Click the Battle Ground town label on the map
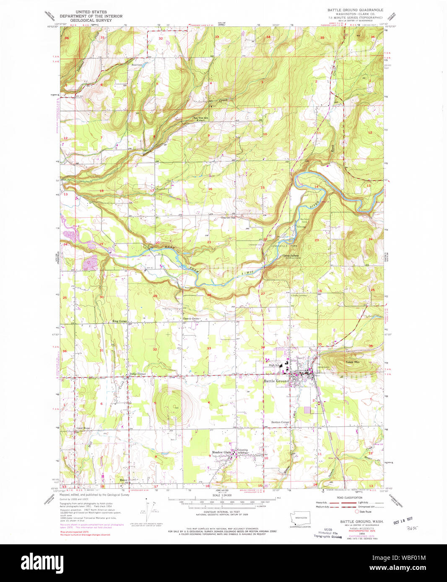(x=276, y=381)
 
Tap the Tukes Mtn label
(x=352, y=362)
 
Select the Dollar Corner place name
(x=137, y=373)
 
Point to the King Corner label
(x=120, y=321)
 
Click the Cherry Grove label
(x=191, y=319)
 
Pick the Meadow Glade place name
(x=221, y=452)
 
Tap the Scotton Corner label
(x=280, y=422)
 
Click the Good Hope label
(x=83, y=428)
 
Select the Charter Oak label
(x=228, y=217)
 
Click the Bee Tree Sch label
(x=200, y=118)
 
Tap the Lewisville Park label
(x=285, y=246)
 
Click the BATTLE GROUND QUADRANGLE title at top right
(x=355, y=9)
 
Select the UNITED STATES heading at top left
(x=91, y=12)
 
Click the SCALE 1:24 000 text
(x=222, y=495)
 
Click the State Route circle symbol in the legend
(x=357, y=512)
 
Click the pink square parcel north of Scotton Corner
(x=308, y=410)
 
